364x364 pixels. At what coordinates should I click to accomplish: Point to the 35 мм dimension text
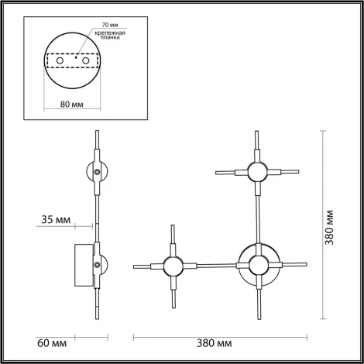(x=55, y=221)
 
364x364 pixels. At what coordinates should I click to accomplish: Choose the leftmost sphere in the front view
(x=171, y=266)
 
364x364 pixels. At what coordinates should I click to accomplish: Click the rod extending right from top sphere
(x=285, y=170)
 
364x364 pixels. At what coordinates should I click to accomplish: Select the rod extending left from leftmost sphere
(x=146, y=267)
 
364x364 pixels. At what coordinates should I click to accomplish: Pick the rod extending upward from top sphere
(x=256, y=145)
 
